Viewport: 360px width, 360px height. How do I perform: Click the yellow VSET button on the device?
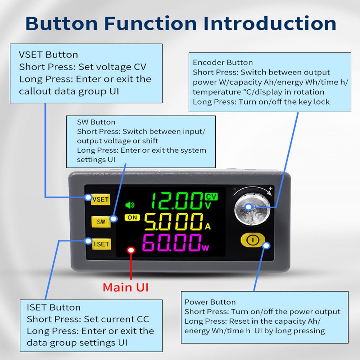click(x=100, y=199)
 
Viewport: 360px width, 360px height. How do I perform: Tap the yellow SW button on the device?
click(x=101, y=221)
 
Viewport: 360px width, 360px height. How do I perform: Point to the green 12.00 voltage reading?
click(x=176, y=201)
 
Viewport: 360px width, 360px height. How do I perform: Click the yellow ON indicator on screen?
click(x=132, y=217)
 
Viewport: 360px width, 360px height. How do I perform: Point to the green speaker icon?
click(x=129, y=205)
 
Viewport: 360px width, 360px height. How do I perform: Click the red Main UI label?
click(x=126, y=287)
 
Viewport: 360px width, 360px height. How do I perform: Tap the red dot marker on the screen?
click(x=131, y=250)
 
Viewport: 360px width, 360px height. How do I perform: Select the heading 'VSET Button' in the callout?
click(x=48, y=55)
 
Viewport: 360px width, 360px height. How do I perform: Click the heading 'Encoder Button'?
click(x=223, y=63)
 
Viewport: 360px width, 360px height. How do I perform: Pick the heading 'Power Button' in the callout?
click(x=210, y=302)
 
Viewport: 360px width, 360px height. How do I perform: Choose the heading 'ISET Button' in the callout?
click(x=54, y=307)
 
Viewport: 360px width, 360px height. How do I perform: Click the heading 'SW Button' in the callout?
click(x=96, y=122)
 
